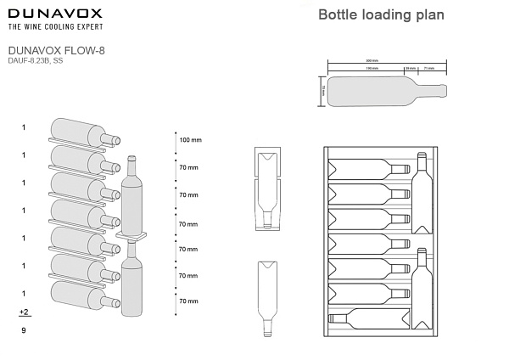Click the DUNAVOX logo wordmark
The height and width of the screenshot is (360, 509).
(x=55, y=14)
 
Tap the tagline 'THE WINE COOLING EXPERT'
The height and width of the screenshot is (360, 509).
(x=55, y=27)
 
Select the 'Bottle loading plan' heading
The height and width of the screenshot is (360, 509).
(x=381, y=14)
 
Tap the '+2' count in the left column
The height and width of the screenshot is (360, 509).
(x=24, y=312)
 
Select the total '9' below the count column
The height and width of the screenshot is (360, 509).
(x=24, y=329)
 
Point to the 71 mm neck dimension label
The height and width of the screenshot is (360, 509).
(x=429, y=68)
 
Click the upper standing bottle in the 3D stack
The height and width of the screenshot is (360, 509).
(x=131, y=194)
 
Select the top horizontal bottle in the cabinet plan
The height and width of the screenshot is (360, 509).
(x=367, y=167)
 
